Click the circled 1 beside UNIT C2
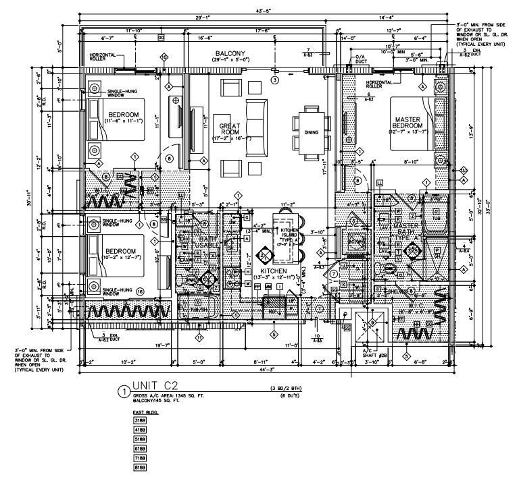click(x=122, y=391)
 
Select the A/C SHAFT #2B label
click(x=370, y=352)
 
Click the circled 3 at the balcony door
click(x=274, y=80)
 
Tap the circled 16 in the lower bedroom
click(x=139, y=291)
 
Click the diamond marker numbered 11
click(x=199, y=335)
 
